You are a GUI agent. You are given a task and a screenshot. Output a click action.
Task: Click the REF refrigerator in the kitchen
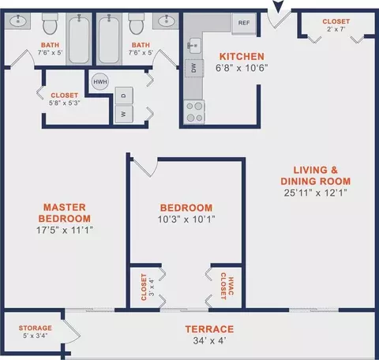click(x=244, y=23)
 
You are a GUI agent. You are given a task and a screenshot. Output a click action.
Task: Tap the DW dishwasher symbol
click(x=194, y=68)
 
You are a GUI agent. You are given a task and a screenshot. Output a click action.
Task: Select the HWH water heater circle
click(x=100, y=81)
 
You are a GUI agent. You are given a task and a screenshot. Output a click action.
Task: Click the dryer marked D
click(x=124, y=96)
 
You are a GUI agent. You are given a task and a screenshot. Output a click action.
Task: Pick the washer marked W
click(x=124, y=114)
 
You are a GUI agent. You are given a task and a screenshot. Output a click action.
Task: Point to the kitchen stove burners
click(x=194, y=112)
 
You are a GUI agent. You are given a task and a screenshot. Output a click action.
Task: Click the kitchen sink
click(x=194, y=46)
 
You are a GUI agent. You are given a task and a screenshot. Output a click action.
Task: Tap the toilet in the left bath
click(x=50, y=24)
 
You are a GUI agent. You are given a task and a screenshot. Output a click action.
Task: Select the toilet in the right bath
click(x=137, y=24)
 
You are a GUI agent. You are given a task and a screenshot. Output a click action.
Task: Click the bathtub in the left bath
click(x=79, y=39)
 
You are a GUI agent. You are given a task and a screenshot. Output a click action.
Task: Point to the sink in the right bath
click(x=166, y=21)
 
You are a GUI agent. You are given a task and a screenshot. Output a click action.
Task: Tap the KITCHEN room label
click(x=242, y=57)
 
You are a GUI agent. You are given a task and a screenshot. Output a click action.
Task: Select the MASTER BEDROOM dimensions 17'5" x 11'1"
click(x=65, y=230)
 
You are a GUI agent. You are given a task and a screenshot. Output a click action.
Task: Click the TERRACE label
click(x=209, y=329)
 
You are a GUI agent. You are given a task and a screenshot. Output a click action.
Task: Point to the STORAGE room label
click(x=36, y=328)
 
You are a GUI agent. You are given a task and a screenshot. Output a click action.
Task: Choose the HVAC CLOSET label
click(x=227, y=286)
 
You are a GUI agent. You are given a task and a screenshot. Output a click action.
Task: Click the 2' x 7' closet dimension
click(x=336, y=29)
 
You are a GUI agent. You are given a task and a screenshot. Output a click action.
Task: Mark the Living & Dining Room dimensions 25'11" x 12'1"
click(x=316, y=193)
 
